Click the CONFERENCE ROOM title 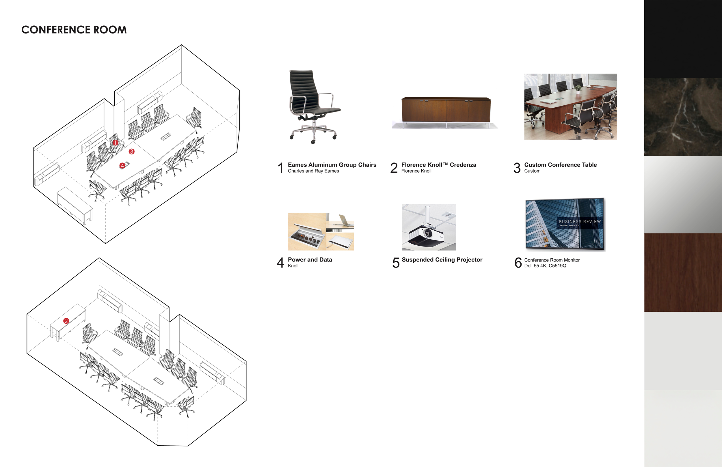(74, 30)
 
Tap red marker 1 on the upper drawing (115, 142)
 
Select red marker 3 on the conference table (131, 151)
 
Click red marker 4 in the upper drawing (122, 166)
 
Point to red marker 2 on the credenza (66, 321)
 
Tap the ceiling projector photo (429, 227)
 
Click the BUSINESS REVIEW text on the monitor (579, 222)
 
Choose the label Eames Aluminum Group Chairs (332, 165)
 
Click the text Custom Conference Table (560, 165)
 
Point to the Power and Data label (310, 259)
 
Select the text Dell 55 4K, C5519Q (545, 266)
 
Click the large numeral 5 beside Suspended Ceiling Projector (396, 263)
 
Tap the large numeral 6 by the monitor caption (518, 263)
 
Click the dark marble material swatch (682, 117)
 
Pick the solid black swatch (682, 39)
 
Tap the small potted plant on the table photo (578, 88)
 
